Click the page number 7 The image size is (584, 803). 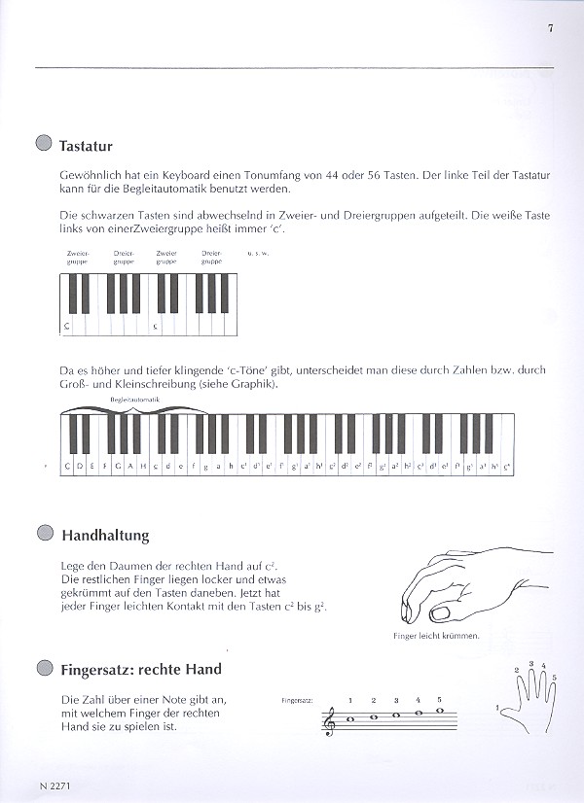(550, 27)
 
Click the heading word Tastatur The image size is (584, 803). (86, 147)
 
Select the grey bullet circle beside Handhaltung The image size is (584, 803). (42, 533)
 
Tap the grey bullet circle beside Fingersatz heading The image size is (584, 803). (42, 668)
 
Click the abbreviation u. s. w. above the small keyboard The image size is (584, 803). (258, 253)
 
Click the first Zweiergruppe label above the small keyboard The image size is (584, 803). (77, 257)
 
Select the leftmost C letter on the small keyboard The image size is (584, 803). (67, 327)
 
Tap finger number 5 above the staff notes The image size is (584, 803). (439, 700)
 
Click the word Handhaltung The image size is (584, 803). (105, 535)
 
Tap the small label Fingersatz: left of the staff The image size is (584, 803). (294, 700)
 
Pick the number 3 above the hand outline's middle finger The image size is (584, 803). (530, 663)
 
